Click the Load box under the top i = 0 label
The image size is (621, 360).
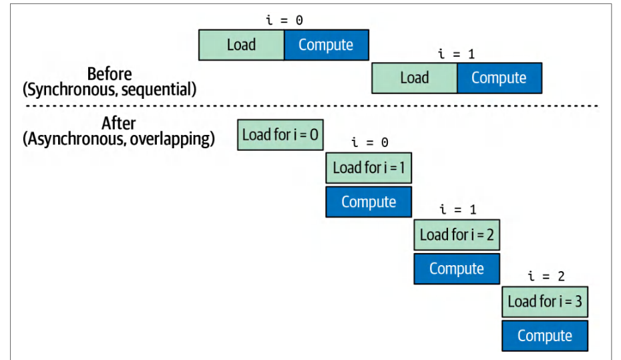point(241,45)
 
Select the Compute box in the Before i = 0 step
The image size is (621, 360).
point(327,45)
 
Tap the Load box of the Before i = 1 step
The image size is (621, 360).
point(414,78)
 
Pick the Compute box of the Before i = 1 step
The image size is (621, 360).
point(499,78)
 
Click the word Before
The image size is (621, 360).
point(110,74)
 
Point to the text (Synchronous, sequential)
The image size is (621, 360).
point(110,89)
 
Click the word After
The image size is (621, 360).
point(118,123)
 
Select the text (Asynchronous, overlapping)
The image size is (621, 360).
point(118,139)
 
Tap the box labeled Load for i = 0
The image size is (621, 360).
point(280,135)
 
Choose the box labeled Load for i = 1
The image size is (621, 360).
point(369,168)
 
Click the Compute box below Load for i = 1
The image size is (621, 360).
point(369,202)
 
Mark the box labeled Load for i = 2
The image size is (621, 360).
point(457,235)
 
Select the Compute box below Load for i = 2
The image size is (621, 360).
point(457,269)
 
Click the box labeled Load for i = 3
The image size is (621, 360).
point(545,302)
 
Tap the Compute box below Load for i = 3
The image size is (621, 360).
point(545,336)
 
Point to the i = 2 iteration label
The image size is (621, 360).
point(546,276)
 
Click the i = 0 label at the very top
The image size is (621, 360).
point(284,20)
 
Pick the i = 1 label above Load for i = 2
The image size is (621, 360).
point(458,209)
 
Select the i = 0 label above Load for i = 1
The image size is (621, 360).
point(370,142)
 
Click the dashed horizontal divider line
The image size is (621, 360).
point(312,106)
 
